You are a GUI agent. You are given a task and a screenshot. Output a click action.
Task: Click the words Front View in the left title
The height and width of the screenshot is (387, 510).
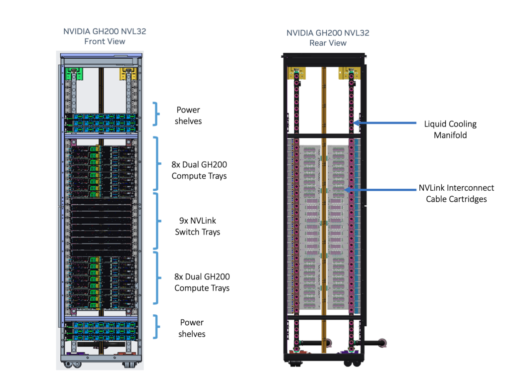[x=105, y=41]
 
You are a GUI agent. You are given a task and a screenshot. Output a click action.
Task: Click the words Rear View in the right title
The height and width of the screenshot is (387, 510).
[x=328, y=43]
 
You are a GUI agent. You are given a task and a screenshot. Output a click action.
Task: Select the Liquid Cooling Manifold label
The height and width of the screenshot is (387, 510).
[x=450, y=129]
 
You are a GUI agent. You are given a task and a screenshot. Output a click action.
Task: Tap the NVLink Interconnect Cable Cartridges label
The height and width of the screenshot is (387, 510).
[x=456, y=193]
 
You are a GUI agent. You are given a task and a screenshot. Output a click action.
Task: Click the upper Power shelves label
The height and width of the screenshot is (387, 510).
[x=188, y=115]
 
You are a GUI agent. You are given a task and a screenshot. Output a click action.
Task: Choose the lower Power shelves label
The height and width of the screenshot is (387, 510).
[x=192, y=328]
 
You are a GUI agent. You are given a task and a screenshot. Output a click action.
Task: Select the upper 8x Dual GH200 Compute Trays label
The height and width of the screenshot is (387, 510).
[x=199, y=170]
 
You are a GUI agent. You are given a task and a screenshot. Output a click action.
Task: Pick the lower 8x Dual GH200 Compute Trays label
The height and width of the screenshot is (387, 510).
[x=202, y=282]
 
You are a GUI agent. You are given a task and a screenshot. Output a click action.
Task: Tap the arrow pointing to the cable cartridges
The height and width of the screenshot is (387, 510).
[x=379, y=189]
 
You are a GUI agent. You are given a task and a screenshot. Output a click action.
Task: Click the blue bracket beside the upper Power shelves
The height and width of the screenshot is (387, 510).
[x=156, y=114]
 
